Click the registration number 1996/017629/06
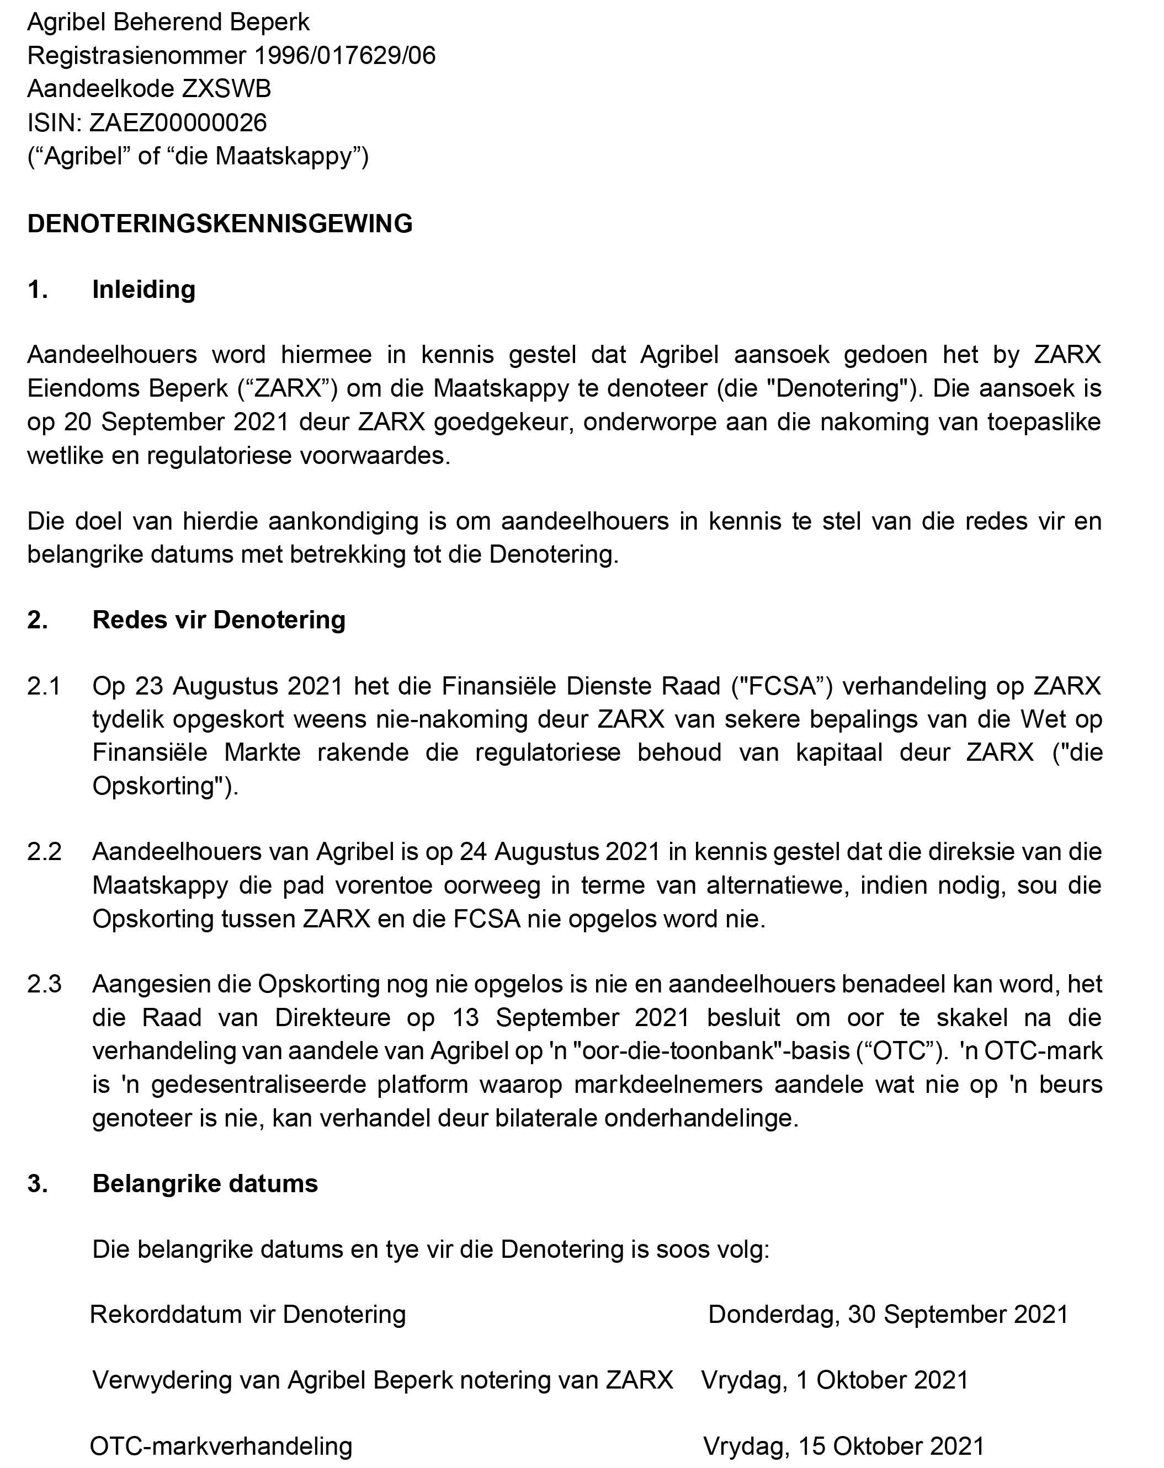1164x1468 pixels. pos(344,55)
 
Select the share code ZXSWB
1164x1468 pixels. pos(226,88)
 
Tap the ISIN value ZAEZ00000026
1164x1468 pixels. pos(178,122)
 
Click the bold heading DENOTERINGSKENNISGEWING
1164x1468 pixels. pos(220,223)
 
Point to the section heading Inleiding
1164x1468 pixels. pos(143,290)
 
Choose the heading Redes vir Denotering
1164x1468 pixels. pos(219,620)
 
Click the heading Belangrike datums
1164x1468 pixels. pos(205,1183)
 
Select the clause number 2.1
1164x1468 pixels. pos(44,686)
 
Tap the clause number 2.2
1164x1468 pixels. pos(44,852)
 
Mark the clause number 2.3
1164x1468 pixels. pos(44,984)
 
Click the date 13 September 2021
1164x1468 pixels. pos(571,1017)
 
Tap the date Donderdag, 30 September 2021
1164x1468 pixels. pos(888,1314)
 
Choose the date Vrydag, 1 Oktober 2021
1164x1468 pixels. pos(835,1380)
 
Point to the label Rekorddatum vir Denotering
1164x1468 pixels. pos(248,1314)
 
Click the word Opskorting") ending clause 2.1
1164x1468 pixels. pos(165,786)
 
